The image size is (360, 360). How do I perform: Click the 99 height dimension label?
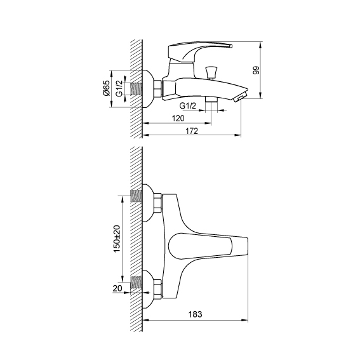point(256,70)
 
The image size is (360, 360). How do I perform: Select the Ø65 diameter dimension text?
point(106,88)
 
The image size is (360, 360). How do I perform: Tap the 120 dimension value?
point(178,119)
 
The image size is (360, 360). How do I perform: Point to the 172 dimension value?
point(192,131)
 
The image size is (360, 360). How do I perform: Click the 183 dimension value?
point(196,314)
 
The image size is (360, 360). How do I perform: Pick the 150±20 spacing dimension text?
point(117,239)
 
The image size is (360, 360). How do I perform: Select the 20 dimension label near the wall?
point(117,288)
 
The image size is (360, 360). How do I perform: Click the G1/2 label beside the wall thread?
point(119,88)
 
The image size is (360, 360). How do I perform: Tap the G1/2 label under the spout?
point(188,106)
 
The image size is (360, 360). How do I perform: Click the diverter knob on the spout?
point(211,72)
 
